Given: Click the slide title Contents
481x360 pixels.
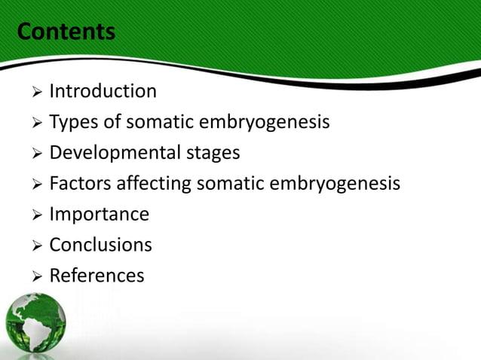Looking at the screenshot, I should [66, 32].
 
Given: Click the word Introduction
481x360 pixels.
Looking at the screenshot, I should [103, 92].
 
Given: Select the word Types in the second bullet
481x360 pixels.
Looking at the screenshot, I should [71, 123].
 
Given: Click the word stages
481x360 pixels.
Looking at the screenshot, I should [213, 153].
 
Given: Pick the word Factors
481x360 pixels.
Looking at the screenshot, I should [78, 184].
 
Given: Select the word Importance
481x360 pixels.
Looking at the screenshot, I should [99, 215].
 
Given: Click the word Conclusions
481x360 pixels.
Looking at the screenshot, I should [100, 245].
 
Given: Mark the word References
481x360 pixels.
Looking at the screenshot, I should [97, 276].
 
